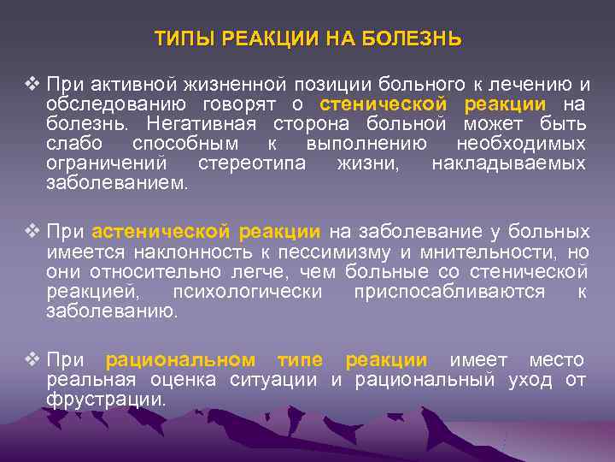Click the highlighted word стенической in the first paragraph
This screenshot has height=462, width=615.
pos(384,104)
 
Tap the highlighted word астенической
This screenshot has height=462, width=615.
pos(161,232)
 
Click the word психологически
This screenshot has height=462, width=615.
pos(248,292)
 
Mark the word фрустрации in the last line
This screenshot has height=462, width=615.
pos(106,400)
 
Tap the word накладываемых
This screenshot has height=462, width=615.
pos(508,163)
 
